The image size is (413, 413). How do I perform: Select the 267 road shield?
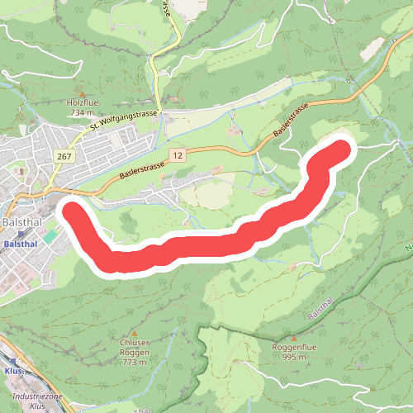[x=63, y=155]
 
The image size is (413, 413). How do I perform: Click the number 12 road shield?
[x=177, y=154]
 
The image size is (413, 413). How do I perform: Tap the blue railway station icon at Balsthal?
[x=21, y=235]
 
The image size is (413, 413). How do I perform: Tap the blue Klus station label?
[x=12, y=371]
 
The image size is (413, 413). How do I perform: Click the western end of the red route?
[x=69, y=210]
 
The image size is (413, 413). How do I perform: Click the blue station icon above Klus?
[x=12, y=362]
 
